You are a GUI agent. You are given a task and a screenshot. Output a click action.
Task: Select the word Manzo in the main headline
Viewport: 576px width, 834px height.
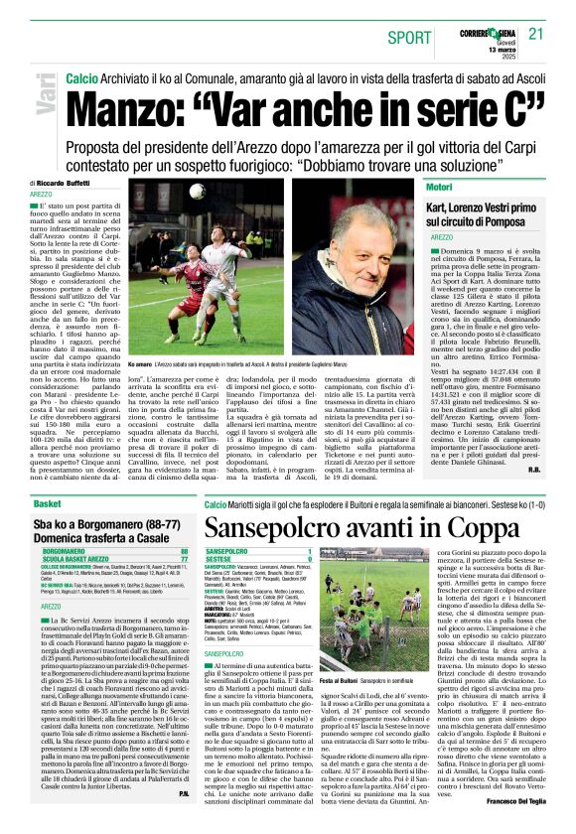click(128, 103)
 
